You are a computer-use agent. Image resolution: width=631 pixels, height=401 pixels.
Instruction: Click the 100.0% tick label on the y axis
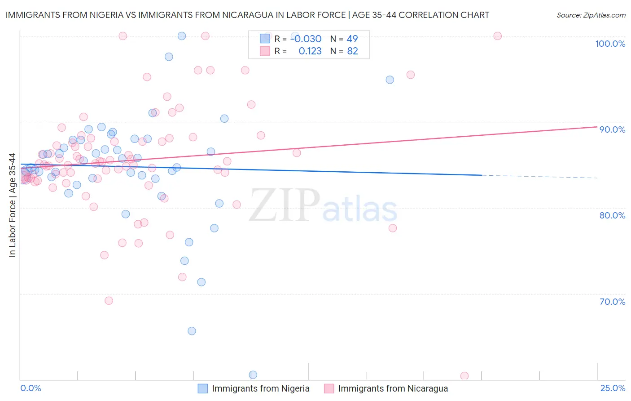(x=610, y=44)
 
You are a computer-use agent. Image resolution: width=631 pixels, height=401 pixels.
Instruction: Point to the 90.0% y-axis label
(x=612, y=129)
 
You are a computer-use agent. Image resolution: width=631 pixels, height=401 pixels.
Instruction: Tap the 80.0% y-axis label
(x=612, y=215)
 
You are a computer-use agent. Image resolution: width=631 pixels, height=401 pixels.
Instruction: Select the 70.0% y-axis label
(x=612, y=302)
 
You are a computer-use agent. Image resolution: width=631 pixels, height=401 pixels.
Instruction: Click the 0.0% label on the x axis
(x=31, y=388)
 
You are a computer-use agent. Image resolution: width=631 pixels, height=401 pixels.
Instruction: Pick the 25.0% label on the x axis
(x=613, y=388)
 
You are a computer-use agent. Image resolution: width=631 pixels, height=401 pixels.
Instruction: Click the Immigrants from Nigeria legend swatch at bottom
(x=203, y=388)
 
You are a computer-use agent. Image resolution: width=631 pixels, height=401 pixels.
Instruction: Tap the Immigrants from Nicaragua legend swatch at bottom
(x=329, y=388)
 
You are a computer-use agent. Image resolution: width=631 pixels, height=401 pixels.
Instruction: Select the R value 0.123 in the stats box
(x=310, y=51)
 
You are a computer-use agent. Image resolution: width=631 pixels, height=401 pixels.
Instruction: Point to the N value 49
(x=352, y=39)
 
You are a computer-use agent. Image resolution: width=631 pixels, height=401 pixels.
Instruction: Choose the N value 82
(x=352, y=51)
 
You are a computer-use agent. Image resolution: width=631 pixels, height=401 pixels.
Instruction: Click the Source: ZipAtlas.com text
(x=591, y=15)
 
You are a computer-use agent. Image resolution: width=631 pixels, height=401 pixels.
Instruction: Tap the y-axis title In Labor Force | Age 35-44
(x=12, y=205)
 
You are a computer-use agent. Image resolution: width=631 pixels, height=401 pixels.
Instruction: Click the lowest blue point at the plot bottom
(x=253, y=375)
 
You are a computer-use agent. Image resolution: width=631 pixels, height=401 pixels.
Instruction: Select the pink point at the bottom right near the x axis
(x=464, y=376)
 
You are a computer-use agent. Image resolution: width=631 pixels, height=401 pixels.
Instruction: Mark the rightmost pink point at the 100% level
(x=497, y=36)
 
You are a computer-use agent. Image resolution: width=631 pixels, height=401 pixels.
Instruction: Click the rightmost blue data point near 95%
(x=390, y=80)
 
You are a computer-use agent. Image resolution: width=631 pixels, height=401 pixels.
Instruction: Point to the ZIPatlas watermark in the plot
(x=323, y=206)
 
